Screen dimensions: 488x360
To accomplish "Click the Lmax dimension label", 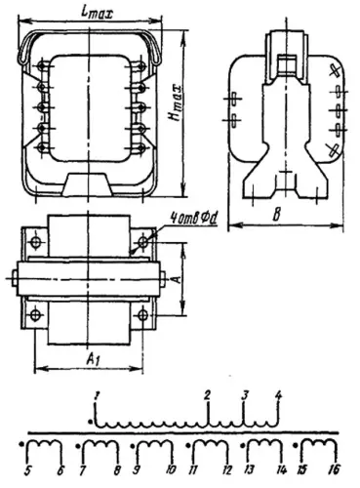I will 97,11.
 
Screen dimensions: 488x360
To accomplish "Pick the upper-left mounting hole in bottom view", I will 36,240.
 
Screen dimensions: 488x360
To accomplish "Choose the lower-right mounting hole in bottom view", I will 142,313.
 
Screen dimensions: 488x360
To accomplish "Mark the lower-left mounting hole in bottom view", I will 36,313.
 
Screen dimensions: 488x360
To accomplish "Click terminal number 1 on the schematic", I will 96,394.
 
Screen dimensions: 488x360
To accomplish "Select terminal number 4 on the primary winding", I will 278,395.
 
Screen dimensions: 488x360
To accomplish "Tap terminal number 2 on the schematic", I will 207,394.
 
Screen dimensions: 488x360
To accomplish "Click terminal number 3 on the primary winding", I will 245,395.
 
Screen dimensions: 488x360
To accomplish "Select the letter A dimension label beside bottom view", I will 175,277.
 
